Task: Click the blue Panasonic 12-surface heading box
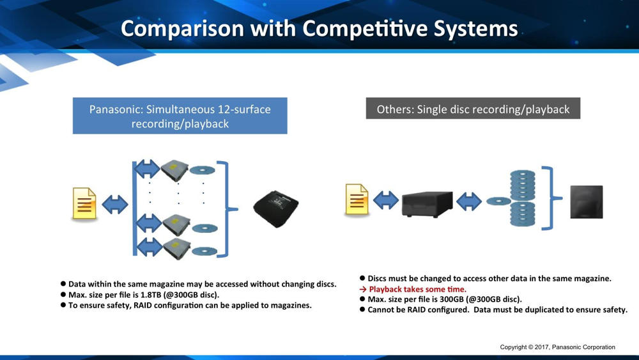tap(180, 116)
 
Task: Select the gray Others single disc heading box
tap(473, 109)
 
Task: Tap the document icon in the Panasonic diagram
tap(84, 203)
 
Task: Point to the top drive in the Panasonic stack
tap(174, 169)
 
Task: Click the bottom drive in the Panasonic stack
tap(177, 249)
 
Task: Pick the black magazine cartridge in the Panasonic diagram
tap(276, 208)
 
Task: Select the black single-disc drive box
tap(427, 204)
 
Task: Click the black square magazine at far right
tap(587, 202)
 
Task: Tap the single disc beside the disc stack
tap(498, 201)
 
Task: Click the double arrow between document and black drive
tap(385, 201)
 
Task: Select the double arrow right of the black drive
tap(469, 201)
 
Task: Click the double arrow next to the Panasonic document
tap(115, 204)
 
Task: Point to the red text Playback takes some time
tap(417, 289)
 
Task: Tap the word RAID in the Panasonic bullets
tap(143, 305)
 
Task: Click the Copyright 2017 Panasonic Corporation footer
tap(557, 347)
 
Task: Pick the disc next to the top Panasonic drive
tap(202, 170)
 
